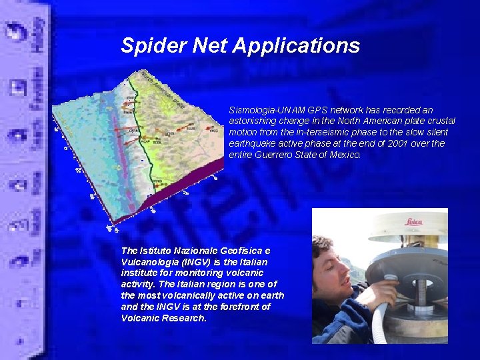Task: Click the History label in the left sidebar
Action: pyautogui.click(x=39, y=27)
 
